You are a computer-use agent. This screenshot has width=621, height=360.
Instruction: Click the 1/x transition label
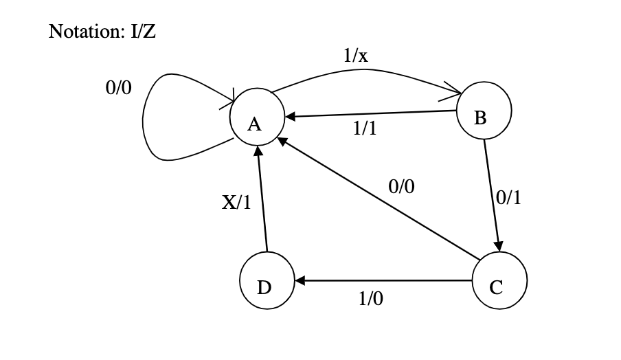(x=355, y=56)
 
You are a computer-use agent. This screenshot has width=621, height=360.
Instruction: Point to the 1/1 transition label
(x=364, y=128)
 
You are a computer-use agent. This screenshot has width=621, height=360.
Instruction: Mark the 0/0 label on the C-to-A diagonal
(x=402, y=186)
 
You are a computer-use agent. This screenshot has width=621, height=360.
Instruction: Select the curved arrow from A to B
(x=364, y=71)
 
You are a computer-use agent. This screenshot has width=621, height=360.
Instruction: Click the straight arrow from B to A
(x=371, y=113)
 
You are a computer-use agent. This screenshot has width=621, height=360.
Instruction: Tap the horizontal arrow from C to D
(x=385, y=280)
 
